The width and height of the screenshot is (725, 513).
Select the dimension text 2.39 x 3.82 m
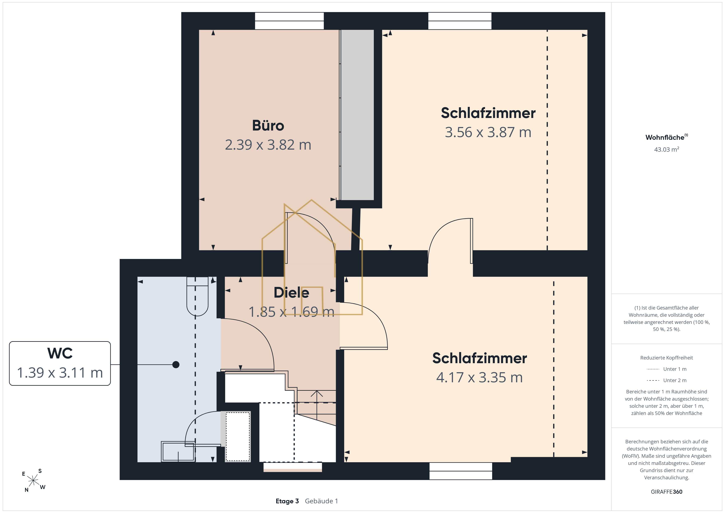point(268,145)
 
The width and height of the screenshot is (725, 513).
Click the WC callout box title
point(60,353)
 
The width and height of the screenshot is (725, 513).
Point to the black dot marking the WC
point(176,365)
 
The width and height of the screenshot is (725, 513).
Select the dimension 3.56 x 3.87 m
point(488,132)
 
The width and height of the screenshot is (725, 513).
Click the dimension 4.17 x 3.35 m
point(479,377)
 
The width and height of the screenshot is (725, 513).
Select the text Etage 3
point(287,501)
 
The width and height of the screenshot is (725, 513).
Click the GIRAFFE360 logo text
point(667,491)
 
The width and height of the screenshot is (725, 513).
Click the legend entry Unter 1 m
point(667,369)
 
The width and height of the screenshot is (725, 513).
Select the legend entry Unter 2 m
point(667,380)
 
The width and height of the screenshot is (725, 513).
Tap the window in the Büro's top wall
point(289,21)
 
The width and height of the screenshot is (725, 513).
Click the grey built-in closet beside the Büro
point(357,115)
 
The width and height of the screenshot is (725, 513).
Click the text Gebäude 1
point(321,501)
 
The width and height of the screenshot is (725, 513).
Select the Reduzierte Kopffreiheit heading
point(667,358)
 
